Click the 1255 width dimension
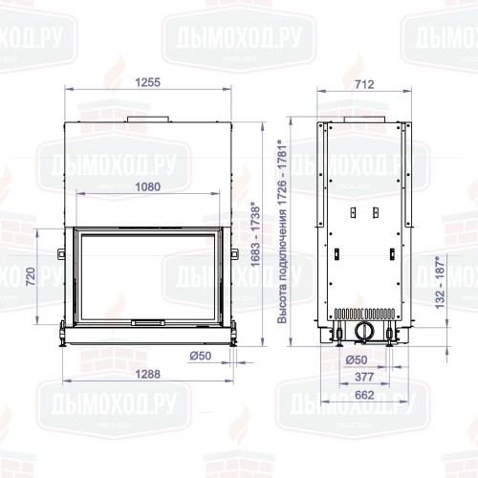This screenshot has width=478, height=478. (x=148, y=84)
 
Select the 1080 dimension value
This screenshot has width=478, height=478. (x=148, y=186)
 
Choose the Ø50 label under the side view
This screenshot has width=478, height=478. (x=355, y=360)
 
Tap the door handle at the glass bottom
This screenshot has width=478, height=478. (x=148, y=322)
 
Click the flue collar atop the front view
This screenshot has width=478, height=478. (x=148, y=119)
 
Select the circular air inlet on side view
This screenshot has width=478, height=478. (x=363, y=331)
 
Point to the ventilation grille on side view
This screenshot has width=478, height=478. (x=363, y=314)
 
